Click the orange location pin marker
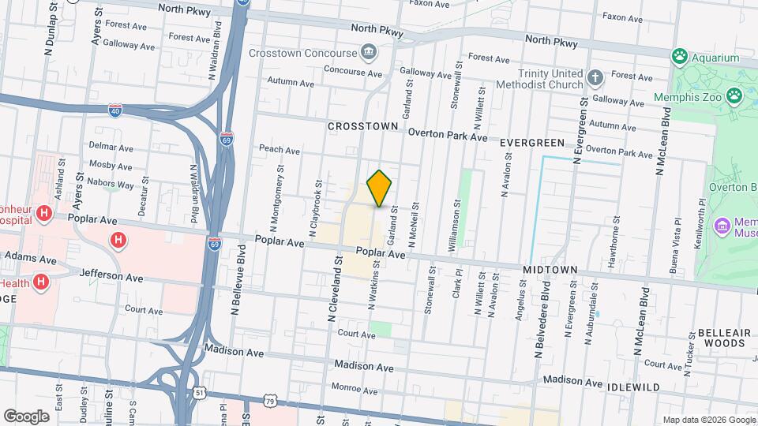pos(380,188)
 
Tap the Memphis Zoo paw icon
pos(735,95)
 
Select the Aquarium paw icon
pos(679,57)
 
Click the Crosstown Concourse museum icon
pos(368,53)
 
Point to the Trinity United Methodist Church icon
pos(595,78)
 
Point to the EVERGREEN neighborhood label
pos(533,143)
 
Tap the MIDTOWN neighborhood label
pos(550,270)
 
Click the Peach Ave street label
pos(280,149)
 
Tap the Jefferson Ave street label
pos(111,277)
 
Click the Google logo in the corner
pos(26,417)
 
